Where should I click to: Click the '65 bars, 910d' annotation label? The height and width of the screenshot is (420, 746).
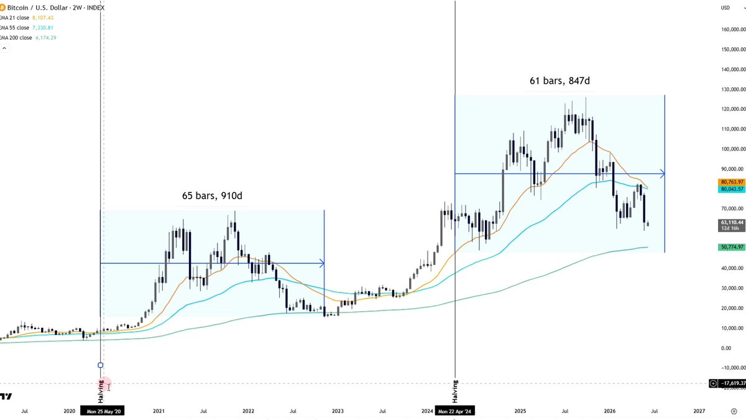pyautogui.click(x=212, y=195)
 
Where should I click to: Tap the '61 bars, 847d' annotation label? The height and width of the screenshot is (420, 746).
pyautogui.click(x=559, y=81)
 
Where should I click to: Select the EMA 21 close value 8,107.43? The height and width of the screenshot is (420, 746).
pyautogui.click(x=43, y=17)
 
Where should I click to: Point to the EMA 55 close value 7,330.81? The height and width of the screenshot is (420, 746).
pyautogui.click(x=43, y=27)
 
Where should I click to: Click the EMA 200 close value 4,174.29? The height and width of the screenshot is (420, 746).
pyautogui.click(x=45, y=38)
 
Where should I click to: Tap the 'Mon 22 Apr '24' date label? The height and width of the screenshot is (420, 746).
pyautogui.click(x=454, y=411)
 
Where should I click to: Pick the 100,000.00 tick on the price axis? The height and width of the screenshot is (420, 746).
pyautogui.click(x=732, y=149)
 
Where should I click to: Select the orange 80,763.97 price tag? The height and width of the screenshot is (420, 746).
pyautogui.click(x=732, y=182)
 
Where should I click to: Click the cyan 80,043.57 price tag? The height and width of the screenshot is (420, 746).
pyautogui.click(x=732, y=189)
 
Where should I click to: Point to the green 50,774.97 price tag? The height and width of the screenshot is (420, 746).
pyautogui.click(x=732, y=247)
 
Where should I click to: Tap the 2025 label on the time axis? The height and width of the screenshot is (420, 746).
pyautogui.click(x=520, y=411)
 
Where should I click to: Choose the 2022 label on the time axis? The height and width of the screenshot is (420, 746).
pyautogui.click(x=248, y=411)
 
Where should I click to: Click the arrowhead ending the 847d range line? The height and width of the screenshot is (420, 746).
pyautogui.click(x=663, y=174)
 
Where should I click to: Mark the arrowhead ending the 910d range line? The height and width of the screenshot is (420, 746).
pyautogui.click(x=322, y=263)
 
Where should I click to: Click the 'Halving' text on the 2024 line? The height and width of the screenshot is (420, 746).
pyautogui.click(x=455, y=391)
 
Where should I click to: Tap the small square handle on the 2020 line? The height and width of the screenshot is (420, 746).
pyautogui.click(x=101, y=365)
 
